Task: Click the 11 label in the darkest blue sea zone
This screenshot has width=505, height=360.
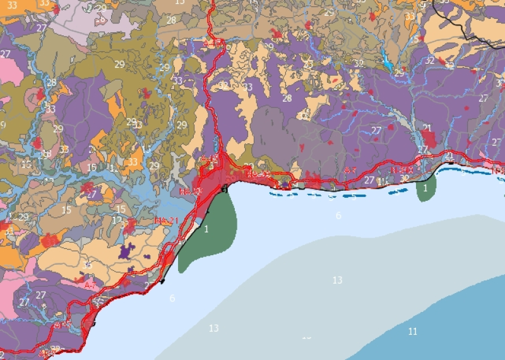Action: coord(413,331)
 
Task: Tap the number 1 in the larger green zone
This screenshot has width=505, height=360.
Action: coord(206,229)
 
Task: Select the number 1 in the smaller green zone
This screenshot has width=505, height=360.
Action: coord(425,188)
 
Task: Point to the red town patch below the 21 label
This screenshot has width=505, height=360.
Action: coord(429,140)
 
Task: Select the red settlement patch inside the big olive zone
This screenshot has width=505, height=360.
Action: coord(146,93)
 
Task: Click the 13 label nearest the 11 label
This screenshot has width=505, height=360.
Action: coord(338,280)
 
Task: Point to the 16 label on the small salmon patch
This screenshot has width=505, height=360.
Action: coord(101,20)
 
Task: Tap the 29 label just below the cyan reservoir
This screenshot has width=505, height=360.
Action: coord(399,73)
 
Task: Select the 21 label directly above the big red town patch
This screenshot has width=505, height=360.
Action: coord(427,128)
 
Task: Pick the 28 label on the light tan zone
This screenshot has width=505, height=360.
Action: coord(171,20)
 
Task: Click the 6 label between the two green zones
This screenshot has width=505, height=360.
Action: coord(338,216)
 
